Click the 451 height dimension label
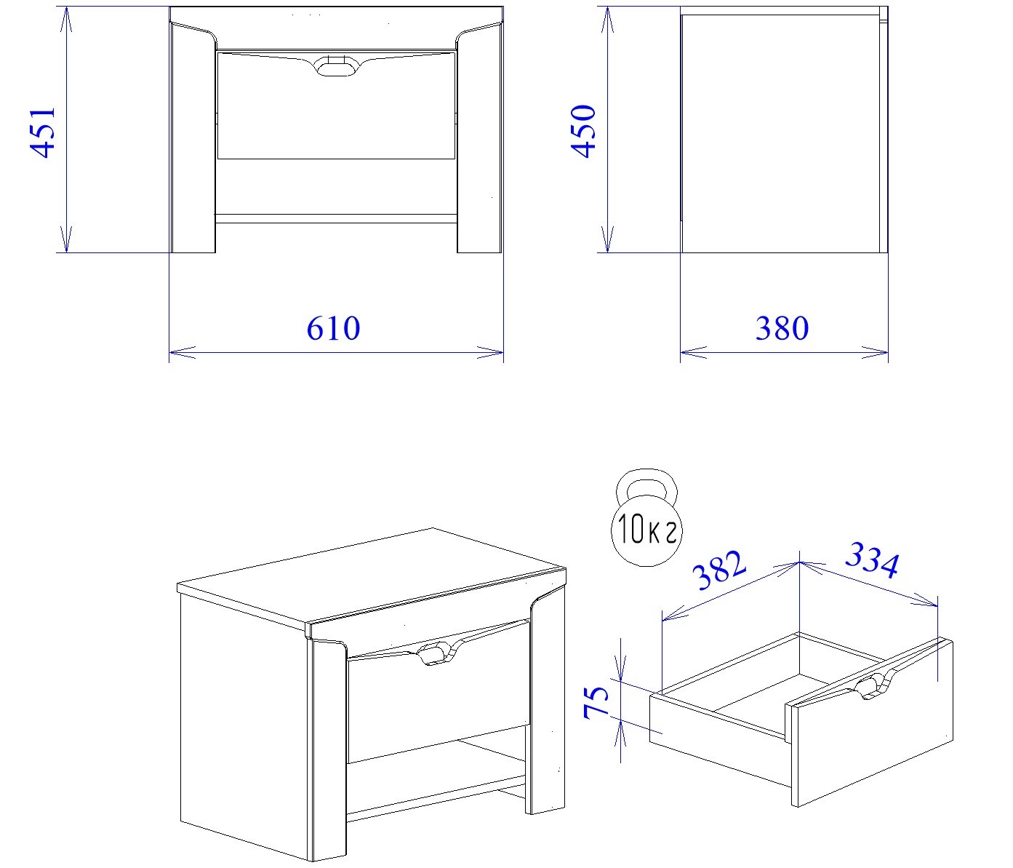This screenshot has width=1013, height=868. [43, 132]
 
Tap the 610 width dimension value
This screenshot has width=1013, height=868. [333, 328]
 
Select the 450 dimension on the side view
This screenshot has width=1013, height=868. [583, 131]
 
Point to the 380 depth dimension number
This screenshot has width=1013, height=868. [782, 328]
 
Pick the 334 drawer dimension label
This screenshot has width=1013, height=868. [872, 560]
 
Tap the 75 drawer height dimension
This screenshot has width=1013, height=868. [596, 701]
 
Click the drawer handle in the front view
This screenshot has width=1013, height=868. [336, 67]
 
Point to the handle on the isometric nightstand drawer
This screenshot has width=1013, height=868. [436, 653]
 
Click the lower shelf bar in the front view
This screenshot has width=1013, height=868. [336, 218]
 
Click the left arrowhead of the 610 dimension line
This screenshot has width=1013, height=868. [183, 352]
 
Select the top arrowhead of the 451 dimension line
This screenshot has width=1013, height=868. [66, 20]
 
